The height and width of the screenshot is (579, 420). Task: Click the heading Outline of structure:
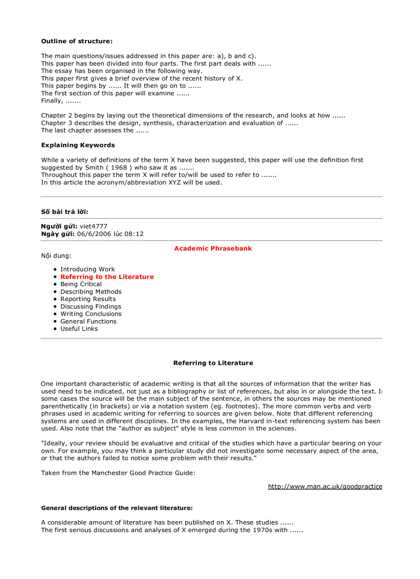tap(77, 41)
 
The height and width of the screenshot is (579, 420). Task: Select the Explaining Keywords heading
tap(78, 145)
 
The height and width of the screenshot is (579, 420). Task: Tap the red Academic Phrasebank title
tap(213, 249)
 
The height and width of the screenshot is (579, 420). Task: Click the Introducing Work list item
tap(87, 269)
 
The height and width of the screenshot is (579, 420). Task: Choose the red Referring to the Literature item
tap(107, 277)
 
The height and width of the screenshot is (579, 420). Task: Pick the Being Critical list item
tap(81, 284)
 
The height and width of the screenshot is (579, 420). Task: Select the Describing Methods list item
tap(91, 292)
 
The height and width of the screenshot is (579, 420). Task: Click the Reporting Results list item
tap(88, 299)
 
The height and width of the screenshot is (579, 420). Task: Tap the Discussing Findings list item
tap(91, 306)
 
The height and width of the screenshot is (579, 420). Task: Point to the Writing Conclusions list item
tap(91, 314)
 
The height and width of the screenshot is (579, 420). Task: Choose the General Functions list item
tap(89, 321)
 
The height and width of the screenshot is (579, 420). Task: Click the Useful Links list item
tap(79, 328)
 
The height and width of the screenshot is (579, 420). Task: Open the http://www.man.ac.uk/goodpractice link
tap(325, 486)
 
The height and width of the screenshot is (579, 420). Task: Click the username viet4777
tap(94, 226)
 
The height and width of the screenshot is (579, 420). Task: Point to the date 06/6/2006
tap(93, 234)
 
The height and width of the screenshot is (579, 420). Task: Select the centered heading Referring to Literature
tap(213, 363)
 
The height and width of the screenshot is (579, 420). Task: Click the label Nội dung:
tap(56, 256)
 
